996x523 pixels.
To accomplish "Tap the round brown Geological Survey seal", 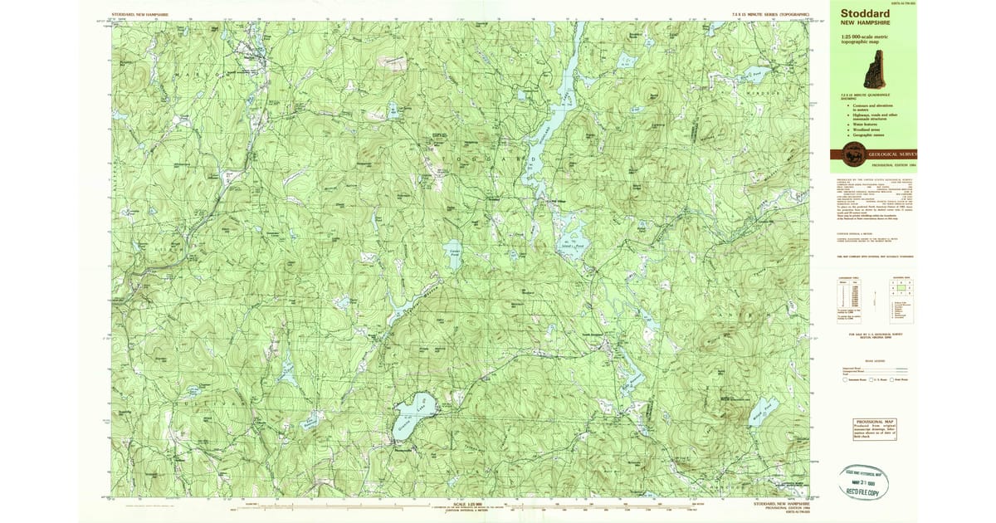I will [852, 154].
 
